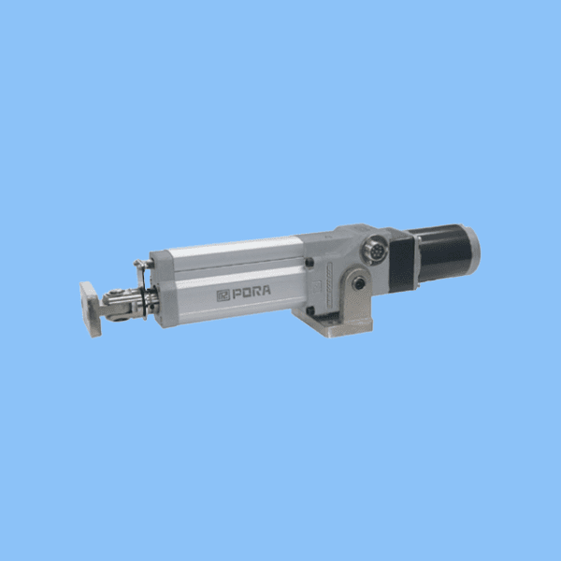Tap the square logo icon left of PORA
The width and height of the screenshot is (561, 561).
[x=223, y=295]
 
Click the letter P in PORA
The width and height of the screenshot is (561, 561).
[x=237, y=295]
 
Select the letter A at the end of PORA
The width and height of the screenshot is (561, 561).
[x=266, y=290]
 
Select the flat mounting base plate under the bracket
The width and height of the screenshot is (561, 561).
[x=332, y=324]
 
